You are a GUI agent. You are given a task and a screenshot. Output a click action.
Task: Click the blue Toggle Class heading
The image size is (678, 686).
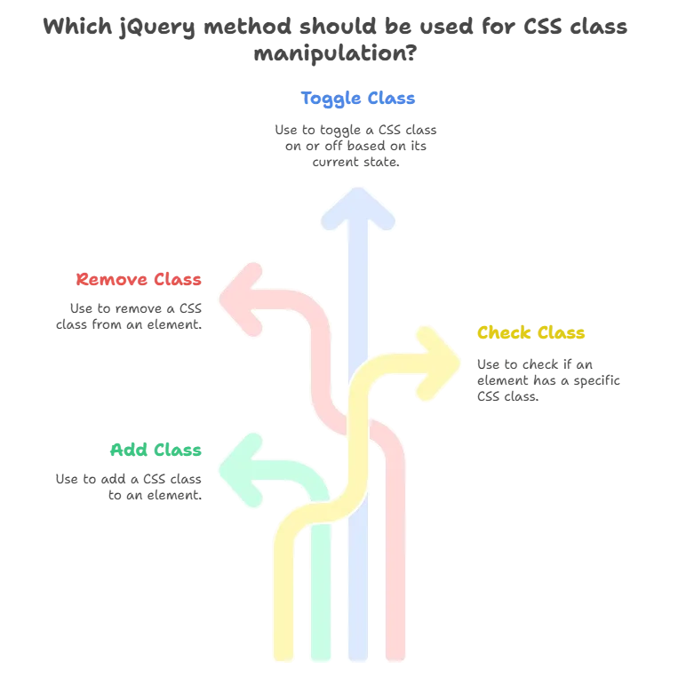(358, 98)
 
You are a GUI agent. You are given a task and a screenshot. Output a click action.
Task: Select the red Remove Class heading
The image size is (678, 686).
(140, 280)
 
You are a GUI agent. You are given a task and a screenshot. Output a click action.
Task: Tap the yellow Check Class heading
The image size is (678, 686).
(532, 333)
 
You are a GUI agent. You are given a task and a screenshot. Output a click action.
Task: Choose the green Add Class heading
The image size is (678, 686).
(156, 450)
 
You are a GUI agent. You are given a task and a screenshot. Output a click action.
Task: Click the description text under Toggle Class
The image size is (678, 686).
(355, 144)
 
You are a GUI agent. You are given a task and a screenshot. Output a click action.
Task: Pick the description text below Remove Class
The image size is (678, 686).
(128, 315)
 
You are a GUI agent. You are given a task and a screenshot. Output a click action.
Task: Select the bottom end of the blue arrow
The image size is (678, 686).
(359, 658)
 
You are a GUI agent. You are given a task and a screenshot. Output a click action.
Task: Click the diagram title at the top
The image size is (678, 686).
(339, 39)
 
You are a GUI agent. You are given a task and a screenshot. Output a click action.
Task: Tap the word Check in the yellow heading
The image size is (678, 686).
(506, 333)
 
